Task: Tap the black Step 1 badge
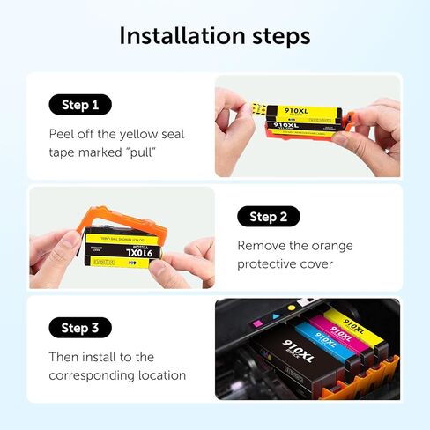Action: point(80,105)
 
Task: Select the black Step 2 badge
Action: point(268,217)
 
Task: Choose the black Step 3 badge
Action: point(80,328)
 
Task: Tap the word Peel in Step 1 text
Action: point(63,134)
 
